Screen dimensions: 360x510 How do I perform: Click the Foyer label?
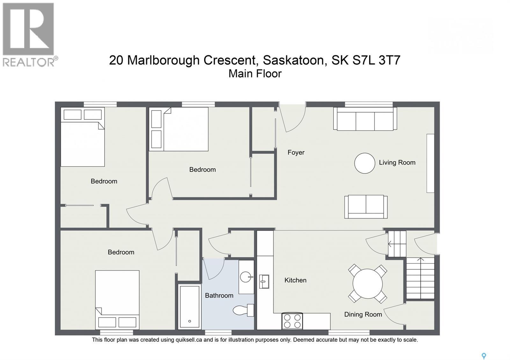pos(296,152)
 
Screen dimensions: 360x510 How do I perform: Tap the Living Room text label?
pos(397,162)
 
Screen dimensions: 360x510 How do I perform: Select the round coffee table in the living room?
pos(364,163)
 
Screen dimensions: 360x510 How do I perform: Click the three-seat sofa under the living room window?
pos(365,119)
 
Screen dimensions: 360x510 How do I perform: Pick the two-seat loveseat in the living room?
pos(366,207)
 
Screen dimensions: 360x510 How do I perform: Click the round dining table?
pos(368,284)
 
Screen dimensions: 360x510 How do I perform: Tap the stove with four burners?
pos(292,321)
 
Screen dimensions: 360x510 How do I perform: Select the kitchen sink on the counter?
pos(264,282)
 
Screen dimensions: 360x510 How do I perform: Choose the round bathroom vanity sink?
pos(246,277)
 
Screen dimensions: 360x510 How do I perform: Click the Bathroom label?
pos(219,295)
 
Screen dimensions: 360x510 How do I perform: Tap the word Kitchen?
pos(295,280)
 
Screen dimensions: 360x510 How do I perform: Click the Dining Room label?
pos(363,314)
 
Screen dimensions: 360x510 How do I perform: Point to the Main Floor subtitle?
pos(255,74)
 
